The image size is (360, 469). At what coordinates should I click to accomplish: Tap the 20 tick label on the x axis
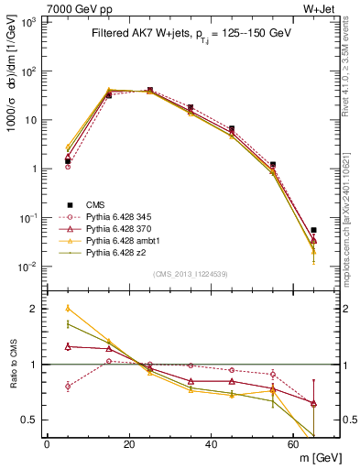[x=129, y=444]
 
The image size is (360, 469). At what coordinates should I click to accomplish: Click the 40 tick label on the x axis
[x=212, y=444]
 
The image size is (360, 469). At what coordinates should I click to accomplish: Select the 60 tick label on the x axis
[x=293, y=444]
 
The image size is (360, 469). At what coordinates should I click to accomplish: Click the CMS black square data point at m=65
[x=314, y=230]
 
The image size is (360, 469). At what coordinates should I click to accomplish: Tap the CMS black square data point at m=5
[x=68, y=161]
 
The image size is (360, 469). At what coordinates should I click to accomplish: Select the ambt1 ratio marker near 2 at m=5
[x=68, y=309]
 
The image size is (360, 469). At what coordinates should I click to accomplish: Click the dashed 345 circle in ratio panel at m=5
[x=68, y=386]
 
